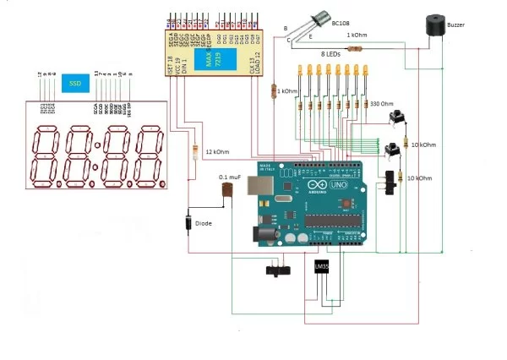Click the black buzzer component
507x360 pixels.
pyautogui.click(x=436, y=26)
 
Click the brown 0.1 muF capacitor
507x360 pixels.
pyautogui.click(x=226, y=194)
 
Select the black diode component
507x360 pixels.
pyautogui.click(x=187, y=225)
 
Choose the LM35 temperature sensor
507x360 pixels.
pyautogui.click(x=322, y=269)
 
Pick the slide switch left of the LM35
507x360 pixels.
pyautogui.click(x=275, y=271)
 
